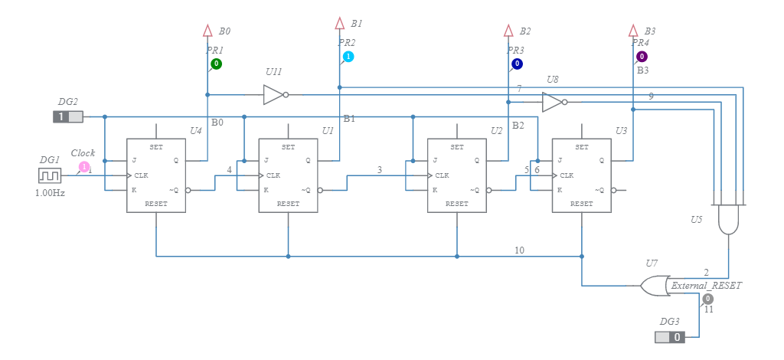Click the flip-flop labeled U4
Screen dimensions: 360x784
coord(156,175)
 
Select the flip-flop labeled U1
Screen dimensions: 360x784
coord(288,175)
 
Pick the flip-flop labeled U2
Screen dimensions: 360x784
coord(457,175)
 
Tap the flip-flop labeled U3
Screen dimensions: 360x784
coord(581,175)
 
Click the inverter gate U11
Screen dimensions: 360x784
coord(274,95)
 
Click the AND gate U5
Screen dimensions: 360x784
coord(728,220)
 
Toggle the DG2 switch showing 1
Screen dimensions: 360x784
coord(67,116)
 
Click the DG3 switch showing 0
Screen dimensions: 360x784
coord(669,337)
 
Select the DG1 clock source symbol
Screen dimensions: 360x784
coord(50,175)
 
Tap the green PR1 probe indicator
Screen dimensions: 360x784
coord(217,64)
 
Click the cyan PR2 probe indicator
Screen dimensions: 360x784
coord(348,57)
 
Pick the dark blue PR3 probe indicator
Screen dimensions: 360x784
coord(518,64)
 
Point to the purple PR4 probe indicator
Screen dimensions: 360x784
coord(642,57)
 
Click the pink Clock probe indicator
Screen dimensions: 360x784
coord(83,166)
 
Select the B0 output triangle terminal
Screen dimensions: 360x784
coord(207,31)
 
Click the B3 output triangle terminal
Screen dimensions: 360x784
coord(633,31)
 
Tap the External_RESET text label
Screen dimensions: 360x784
coord(706,285)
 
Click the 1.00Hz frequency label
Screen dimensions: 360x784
coord(50,193)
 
